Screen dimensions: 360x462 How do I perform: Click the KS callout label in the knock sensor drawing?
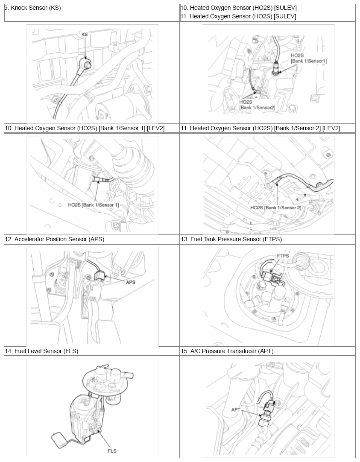(x=85, y=35)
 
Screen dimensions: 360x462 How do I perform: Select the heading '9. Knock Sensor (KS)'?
(x=33, y=8)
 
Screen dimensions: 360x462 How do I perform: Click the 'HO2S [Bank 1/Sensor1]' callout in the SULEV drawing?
(x=308, y=58)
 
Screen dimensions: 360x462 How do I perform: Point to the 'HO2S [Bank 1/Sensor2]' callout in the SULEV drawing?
(x=257, y=105)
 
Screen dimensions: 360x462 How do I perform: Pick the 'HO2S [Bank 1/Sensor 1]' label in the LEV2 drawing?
(x=94, y=205)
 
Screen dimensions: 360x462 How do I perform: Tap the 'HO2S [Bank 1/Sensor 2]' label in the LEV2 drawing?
(x=276, y=208)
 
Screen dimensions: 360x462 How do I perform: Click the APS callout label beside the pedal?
(x=131, y=282)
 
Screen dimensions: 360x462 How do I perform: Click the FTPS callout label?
(x=283, y=256)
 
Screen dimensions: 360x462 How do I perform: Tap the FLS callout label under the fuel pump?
(x=112, y=451)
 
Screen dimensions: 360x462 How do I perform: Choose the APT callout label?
(x=236, y=409)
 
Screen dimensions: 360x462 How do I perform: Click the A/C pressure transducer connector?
(x=270, y=408)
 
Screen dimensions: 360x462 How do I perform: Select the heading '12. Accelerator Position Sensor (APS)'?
(x=55, y=239)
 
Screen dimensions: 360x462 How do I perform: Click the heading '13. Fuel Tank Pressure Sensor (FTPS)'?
(x=231, y=239)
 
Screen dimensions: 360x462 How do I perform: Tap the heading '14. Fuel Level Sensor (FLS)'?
(x=41, y=351)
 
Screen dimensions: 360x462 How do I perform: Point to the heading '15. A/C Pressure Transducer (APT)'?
(x=227, y=351)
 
